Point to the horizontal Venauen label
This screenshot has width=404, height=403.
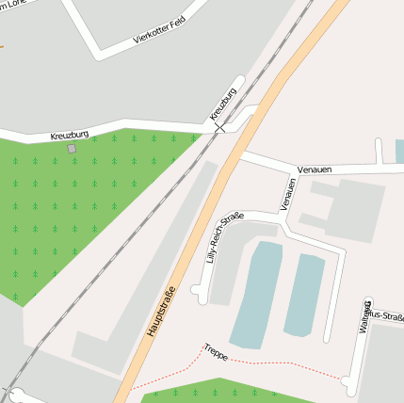315,170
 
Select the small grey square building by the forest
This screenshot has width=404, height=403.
72,148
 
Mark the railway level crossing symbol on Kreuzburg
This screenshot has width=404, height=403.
218,127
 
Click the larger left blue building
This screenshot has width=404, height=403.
255,294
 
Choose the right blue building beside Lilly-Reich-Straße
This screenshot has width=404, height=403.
304,295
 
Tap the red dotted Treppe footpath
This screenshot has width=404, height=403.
283,365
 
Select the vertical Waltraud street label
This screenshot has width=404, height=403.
365,315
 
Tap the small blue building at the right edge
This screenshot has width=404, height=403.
399,151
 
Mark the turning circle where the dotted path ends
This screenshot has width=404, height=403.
347,382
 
